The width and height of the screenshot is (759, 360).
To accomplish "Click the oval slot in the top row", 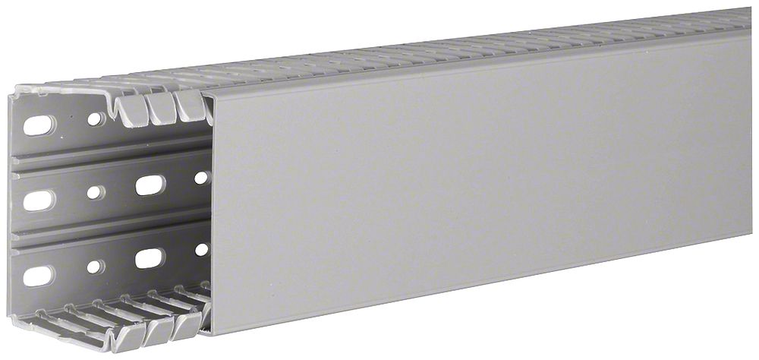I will coord(39,124).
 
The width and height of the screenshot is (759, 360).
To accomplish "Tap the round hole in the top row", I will coord(93,119).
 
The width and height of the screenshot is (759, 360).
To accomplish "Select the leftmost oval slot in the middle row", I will coord(39,201).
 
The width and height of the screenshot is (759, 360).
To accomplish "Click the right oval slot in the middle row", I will coord(150,184).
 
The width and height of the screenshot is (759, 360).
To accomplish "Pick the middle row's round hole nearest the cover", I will coord(201,177).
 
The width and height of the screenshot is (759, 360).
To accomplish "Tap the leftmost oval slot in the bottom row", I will coord(39,275).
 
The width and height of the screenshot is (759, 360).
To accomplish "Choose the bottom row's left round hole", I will coord(93,267).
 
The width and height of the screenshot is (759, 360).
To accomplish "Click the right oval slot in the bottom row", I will coord(150,257).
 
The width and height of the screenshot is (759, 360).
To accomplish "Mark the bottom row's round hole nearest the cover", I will coord(201,249).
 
